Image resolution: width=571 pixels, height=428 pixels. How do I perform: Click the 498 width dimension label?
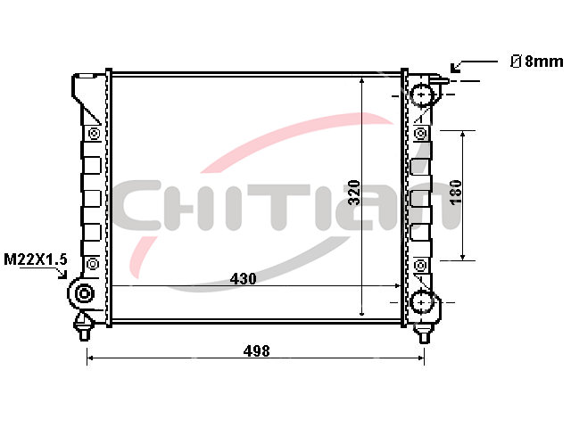point(257,351)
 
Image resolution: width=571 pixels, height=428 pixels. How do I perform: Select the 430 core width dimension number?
point(243,279)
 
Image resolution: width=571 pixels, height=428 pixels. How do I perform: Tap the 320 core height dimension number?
point(354,193)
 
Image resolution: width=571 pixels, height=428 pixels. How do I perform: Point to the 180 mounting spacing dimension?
point(456,193)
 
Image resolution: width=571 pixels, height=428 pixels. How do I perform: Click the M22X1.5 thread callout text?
point(36,259)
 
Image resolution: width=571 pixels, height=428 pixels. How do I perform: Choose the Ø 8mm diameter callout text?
point(537,62)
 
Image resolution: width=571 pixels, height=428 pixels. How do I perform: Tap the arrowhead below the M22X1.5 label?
point(62,274)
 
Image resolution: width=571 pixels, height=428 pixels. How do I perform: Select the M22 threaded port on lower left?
point(84,293)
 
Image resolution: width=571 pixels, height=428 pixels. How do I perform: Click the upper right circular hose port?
point(422,95)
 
